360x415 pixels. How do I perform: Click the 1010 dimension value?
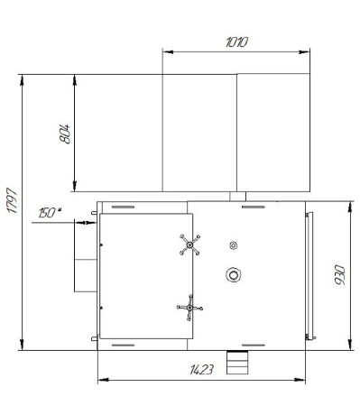point(236,42)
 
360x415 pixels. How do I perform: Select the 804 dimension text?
point(65,134)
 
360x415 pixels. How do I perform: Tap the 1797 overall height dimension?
point(13,200)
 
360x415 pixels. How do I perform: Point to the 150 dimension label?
point(48,213)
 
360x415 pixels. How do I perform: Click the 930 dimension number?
point(339,275)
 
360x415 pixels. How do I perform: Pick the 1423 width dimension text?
point(201,370)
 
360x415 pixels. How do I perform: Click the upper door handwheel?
point(189,244)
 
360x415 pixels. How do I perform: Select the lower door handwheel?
point(189,308)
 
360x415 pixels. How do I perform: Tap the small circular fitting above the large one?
point(233,245)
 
